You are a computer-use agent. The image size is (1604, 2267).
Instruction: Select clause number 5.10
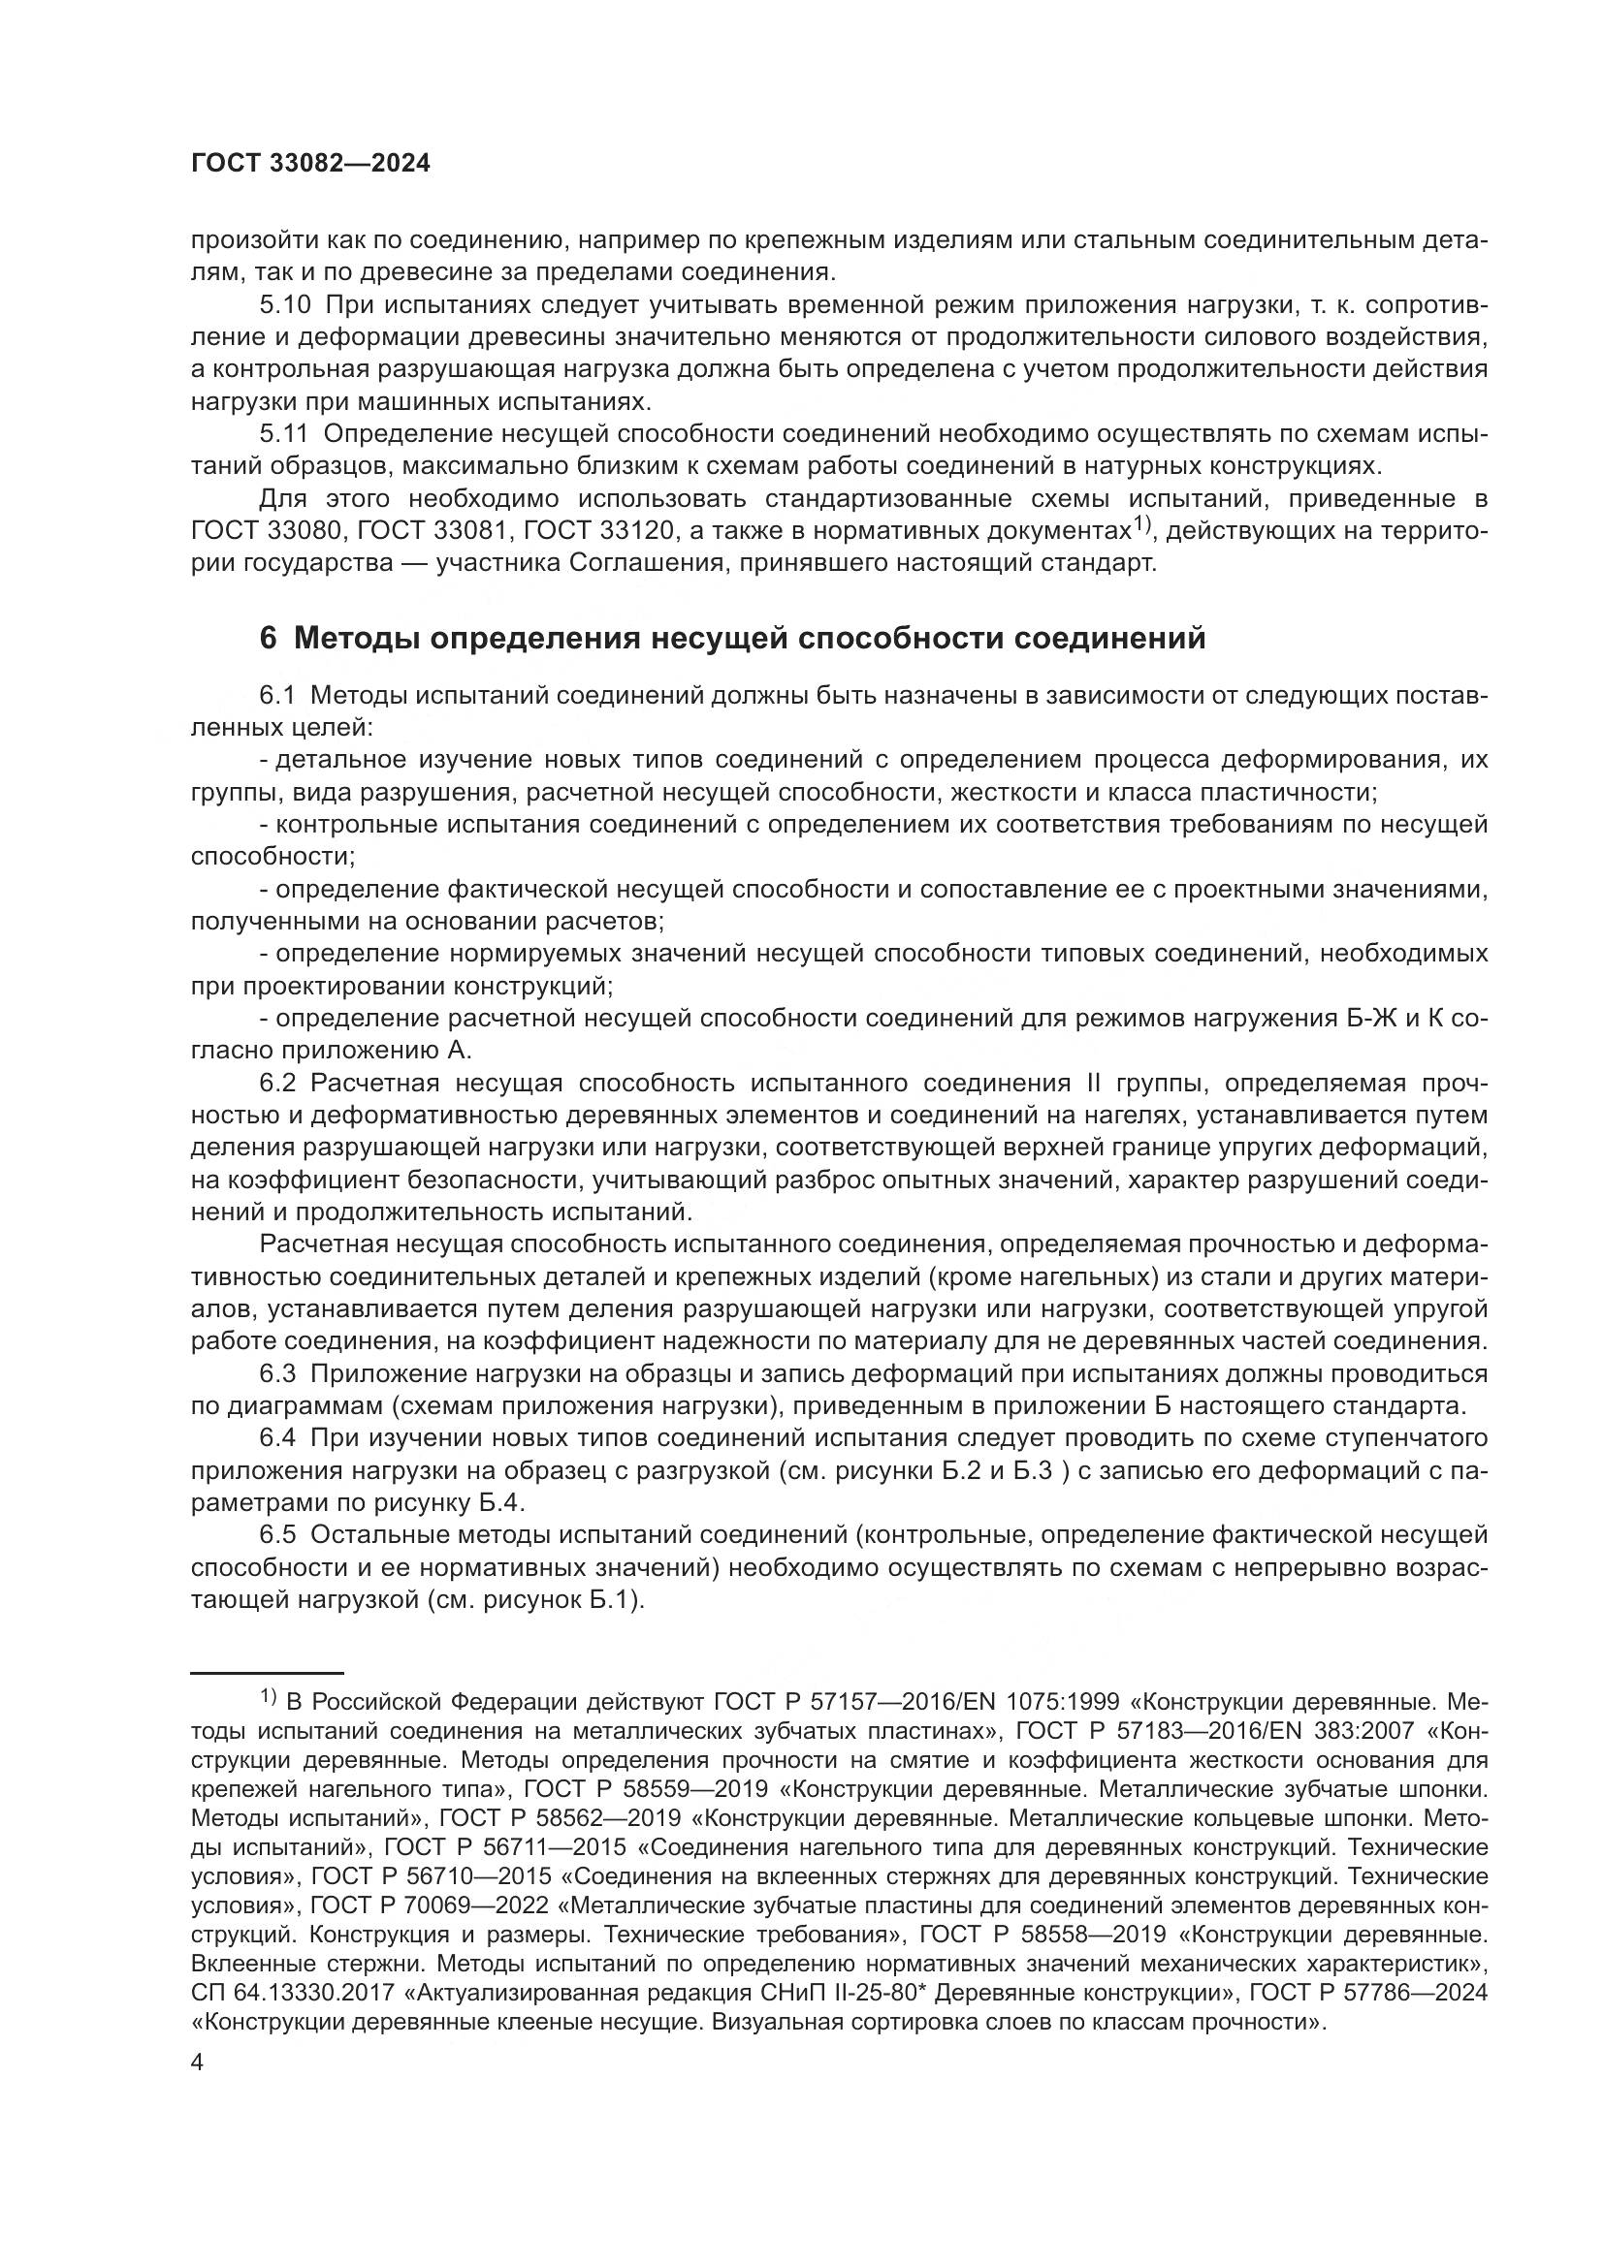coord(283,305)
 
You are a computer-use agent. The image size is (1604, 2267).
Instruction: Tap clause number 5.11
coord(282,433)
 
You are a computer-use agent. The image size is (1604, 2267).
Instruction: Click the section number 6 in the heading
coord(269,639)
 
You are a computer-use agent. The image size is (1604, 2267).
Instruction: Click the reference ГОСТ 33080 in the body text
coord(268,531)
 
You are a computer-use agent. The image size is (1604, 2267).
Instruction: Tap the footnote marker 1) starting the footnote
coord(268,1698)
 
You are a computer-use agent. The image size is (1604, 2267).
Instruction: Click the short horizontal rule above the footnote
coord(267,1673)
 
